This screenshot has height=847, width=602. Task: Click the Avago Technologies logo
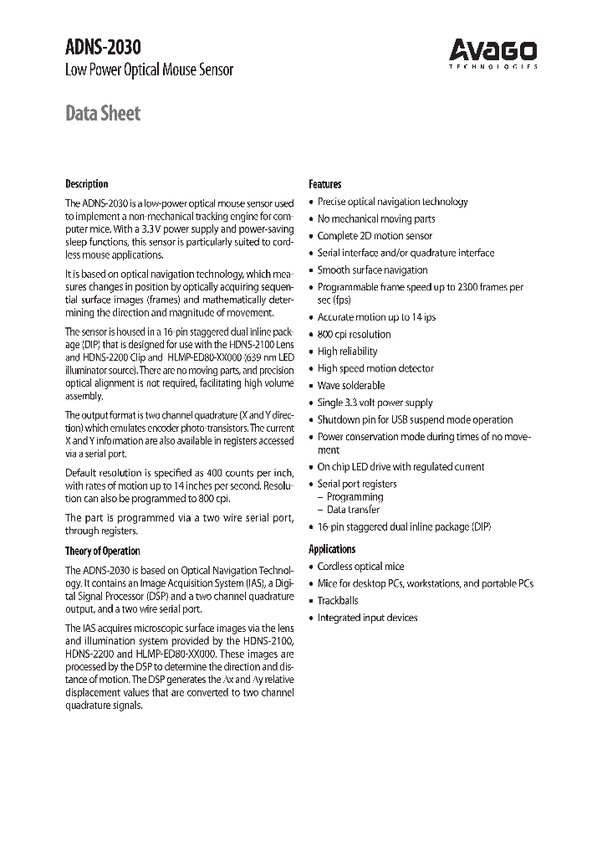click(493, 54)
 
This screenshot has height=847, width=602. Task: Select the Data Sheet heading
click(103, 113)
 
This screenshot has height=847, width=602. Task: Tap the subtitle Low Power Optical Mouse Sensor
click(149, 70)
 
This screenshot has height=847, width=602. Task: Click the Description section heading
click(87, 184)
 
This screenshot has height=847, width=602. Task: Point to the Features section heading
click(325, 184)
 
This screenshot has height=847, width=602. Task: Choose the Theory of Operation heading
click(103, 551)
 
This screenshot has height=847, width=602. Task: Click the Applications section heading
click(332, 549)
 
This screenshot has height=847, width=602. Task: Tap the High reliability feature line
click(347, 352)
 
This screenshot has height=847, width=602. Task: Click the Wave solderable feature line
click(351, 386)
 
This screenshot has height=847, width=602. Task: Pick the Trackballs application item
click(338, 600)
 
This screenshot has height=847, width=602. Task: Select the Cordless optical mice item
click(360, 566)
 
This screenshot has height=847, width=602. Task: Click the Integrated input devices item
click(367, 618)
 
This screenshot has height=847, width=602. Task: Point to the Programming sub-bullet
click(354, 496)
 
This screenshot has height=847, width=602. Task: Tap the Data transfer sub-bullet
click(353, 509)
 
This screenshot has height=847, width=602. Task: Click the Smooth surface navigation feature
click(372, 270)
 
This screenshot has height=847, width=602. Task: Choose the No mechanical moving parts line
click(376, 218)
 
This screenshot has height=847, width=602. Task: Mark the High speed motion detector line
click(375, 368)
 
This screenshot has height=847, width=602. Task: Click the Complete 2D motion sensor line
click(375, 236)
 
